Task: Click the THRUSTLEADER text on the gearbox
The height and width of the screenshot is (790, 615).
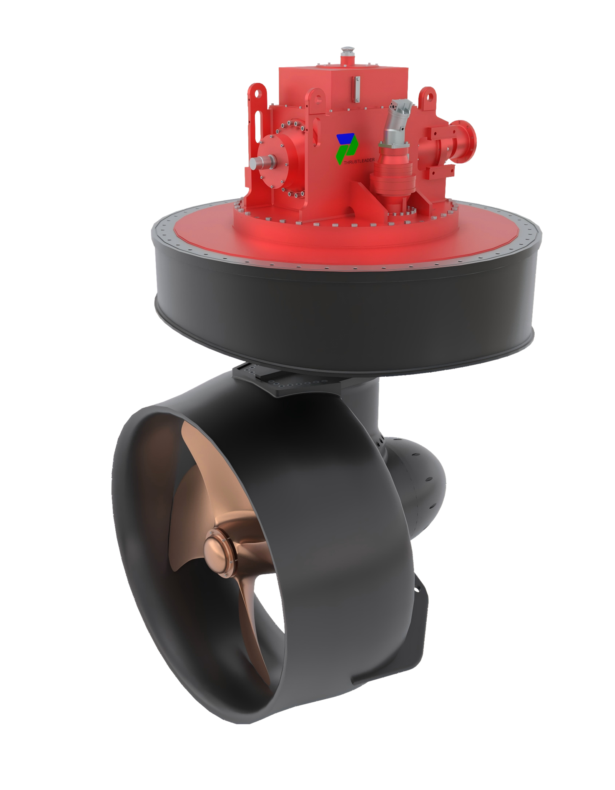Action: (359, 161)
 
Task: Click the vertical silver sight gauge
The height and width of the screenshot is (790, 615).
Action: (357, 89)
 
